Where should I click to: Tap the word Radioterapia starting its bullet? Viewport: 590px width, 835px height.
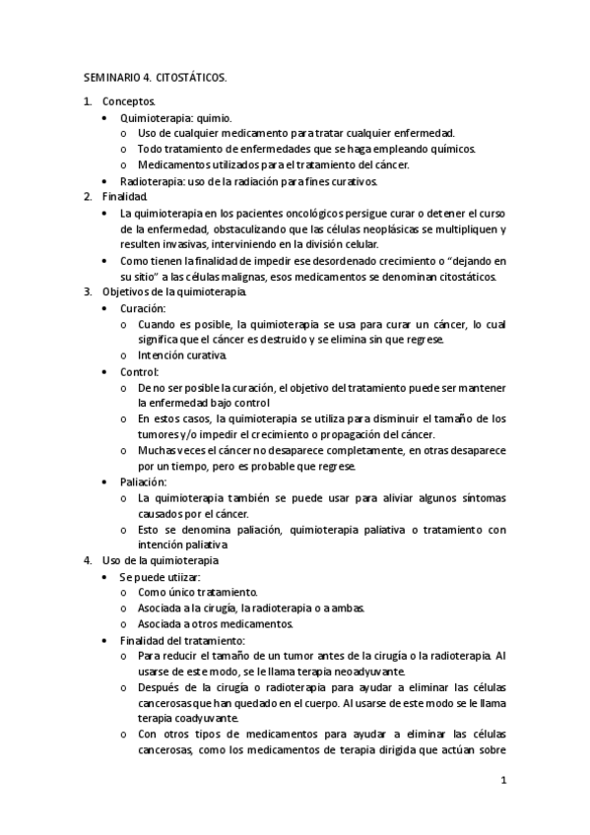pyautogui.click(x=150, y=181)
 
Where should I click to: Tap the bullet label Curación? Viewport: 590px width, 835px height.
pyautogui.click(x=144, y=308)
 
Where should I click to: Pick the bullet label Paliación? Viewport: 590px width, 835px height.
pyautogui.click(x=144, y=482)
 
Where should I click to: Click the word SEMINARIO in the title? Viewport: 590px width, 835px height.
pyautogui.click(x=109, y=76)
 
